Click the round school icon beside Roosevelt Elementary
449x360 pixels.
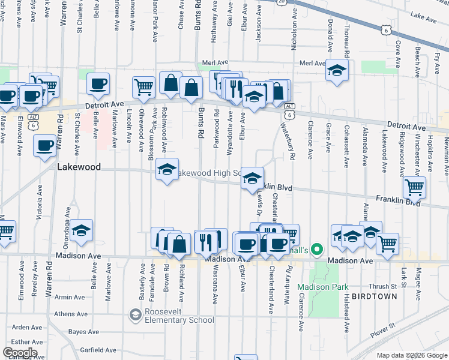point(135,314)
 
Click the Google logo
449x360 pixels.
point(19,353)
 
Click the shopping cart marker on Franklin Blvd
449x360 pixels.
point(414,187)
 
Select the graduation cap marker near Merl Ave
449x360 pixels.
point(337,70)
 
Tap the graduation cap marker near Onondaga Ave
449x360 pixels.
point(81,230)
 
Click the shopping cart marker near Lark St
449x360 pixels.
point(388,244)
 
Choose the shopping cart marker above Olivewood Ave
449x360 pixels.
point(143,87)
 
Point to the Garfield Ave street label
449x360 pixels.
point(98,350)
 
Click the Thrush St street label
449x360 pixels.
point(379,286)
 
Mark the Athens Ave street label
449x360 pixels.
point(71,314)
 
